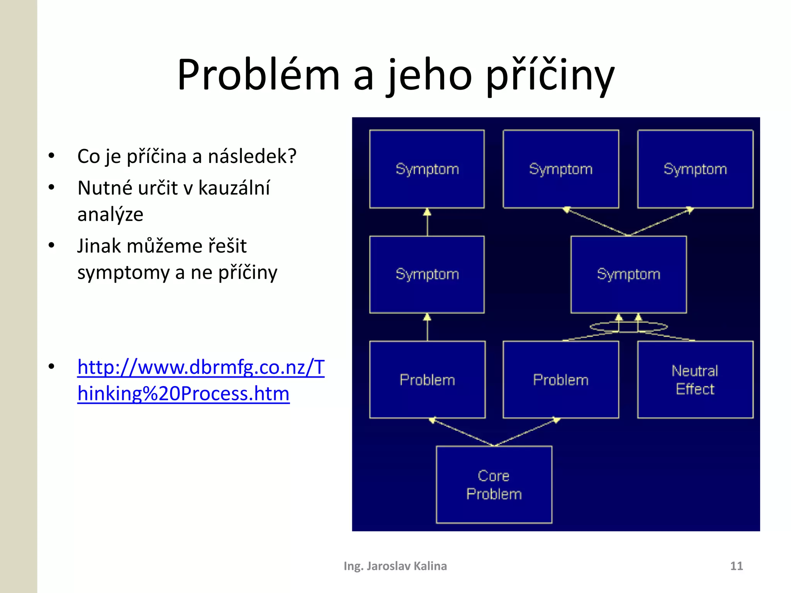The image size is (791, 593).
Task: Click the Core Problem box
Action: (x=494, y=485)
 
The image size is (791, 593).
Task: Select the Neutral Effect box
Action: (x=695, y=380)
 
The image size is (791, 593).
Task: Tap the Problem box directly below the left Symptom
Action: (x=427, y=380)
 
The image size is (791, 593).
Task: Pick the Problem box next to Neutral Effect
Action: (x=560, y=380)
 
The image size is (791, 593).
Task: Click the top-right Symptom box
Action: (x=695, y=169)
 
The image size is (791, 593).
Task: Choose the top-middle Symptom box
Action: (x=560, y=169)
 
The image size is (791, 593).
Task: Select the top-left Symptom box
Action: (x=427, y=169)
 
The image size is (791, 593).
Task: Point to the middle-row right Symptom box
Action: (x=628, y=274)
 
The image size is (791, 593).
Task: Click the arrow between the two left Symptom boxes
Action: (x=427, y=222)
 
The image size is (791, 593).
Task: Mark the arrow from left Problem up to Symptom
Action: (x=427, y=327)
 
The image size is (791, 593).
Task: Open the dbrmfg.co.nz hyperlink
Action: (x=201, y=380)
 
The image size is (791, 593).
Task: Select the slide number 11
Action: (x=736, y=566)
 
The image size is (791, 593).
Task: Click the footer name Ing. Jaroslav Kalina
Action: (x=395, y=566)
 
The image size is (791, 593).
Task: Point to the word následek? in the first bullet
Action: (x=252, y=156)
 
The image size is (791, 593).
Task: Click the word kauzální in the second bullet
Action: (x=234, y=188)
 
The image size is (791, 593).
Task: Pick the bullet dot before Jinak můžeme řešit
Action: (x=51, y=246)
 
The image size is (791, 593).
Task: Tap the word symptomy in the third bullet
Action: (x=123, y=273)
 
